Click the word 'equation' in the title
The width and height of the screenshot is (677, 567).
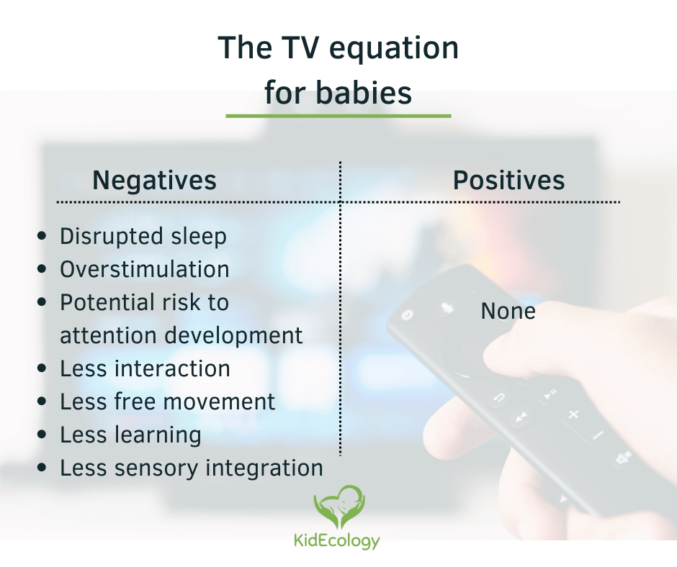coord(393,49)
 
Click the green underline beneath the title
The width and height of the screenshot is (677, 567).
coord(338,116)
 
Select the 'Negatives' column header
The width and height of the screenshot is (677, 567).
coord(154,180)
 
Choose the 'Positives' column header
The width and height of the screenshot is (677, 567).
coord(508,181)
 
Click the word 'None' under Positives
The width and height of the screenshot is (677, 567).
coord(508,311)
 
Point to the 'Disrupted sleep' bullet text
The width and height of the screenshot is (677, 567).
coord(143,237)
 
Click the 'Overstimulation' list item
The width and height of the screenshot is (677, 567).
coord(144,269)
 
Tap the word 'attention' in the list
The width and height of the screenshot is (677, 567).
coord(108,335)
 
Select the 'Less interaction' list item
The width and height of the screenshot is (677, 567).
coord(145,369)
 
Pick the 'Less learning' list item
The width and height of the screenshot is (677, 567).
coord(130,435)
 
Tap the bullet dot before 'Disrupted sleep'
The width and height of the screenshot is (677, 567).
coord(42,235)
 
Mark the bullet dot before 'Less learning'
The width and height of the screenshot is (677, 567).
coord(42,434)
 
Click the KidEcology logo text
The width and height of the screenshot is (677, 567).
coord(337,541)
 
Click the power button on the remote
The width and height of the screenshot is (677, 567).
coord(407,315)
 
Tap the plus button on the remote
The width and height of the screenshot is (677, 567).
coord(573,414)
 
